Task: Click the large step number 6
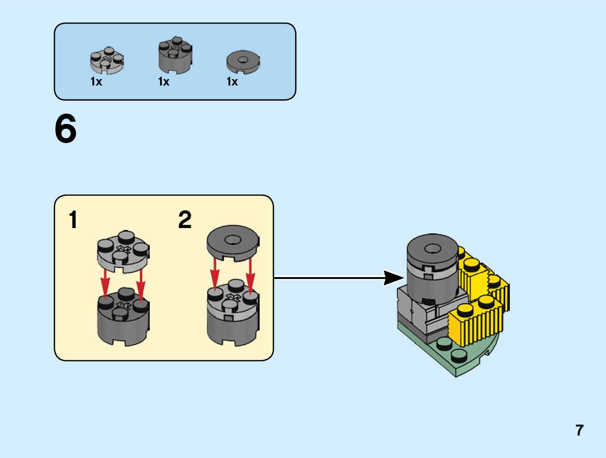(66, 129)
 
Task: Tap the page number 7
(579, 430)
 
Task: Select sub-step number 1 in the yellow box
(73, 220)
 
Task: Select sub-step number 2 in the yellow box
(185, 220)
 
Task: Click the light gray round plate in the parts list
(107, 60)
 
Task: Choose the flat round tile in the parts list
(243, 62)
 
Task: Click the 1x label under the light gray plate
(96, 82)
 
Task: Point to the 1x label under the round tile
(232, 82)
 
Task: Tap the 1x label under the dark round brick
(164, 82)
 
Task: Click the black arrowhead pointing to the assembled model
(393, 278)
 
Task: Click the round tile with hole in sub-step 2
(233, 242)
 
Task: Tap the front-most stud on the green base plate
(459, 356)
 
